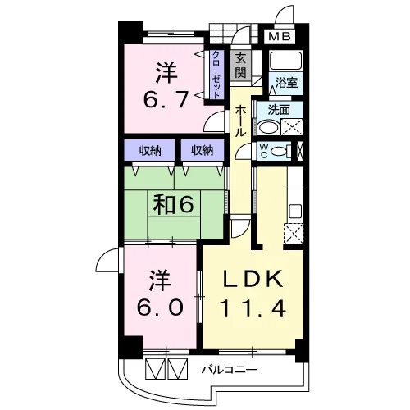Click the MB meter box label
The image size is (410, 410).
[280, 36]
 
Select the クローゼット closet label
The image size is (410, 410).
[216, 75]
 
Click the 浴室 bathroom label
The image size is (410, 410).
[286, 83]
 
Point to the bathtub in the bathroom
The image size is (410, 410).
[285, 61]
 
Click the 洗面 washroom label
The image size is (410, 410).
[279, 110]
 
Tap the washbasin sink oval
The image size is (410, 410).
[269, 128]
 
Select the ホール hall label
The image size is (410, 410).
[240, 121]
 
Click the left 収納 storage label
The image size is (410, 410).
[150, 150]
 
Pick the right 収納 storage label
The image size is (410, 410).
[203, 150]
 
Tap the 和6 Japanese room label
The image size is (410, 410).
[173, 205]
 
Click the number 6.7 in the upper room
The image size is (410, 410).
[166, 99]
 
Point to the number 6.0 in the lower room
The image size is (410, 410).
[160, 307]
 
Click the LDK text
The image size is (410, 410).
[253, 278]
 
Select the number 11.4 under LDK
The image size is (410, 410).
[253, 308]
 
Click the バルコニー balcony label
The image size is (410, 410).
[230, 370]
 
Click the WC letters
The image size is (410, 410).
[264, 151]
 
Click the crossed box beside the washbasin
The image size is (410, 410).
[292, 127]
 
